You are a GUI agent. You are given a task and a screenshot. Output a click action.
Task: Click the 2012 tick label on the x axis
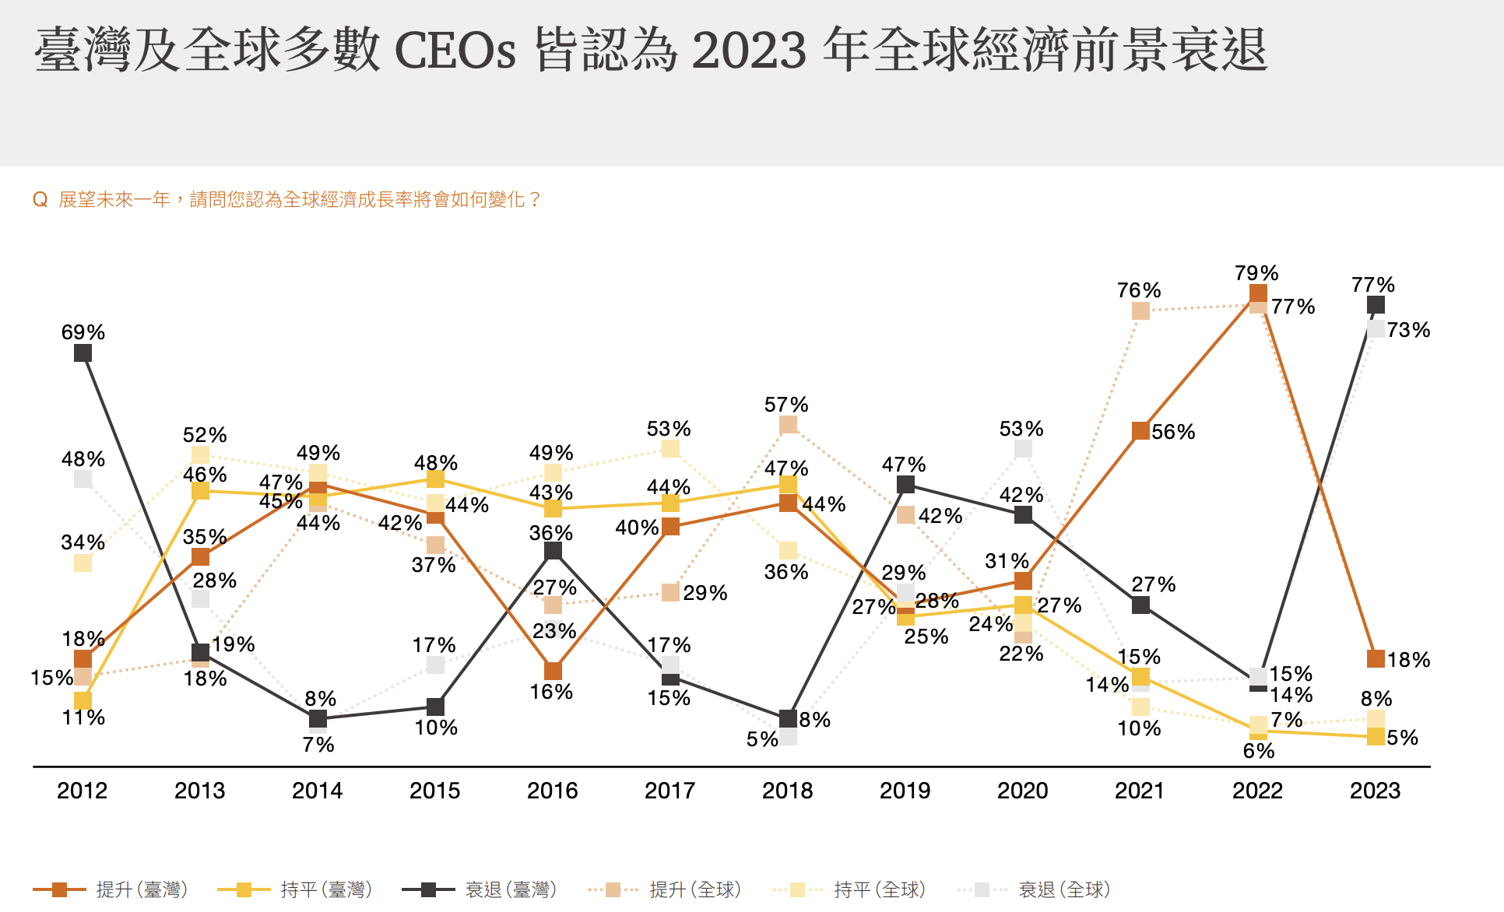tap(82, 791)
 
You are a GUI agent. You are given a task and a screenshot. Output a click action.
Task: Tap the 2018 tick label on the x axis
tap(787, 791)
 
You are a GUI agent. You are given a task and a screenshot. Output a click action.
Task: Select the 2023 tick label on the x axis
tap(1375, 791)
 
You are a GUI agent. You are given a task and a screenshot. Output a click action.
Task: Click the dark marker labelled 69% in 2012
tap(83, 353)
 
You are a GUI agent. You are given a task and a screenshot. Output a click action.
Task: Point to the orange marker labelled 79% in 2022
tap(1258, 293)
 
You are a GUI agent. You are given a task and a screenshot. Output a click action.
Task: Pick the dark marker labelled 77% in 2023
tap(1376, 305)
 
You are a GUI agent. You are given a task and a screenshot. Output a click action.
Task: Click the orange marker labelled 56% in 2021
tap(1140, 431)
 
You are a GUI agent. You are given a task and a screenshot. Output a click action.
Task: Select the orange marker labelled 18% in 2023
tap(1376, 659)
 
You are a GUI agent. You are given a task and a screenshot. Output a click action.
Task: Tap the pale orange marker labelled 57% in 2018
tap(788, 425)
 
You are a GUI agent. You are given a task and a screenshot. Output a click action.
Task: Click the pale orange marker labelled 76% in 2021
tap(1140, 310)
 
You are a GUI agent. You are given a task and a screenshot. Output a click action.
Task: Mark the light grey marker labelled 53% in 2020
tap(1023, 449)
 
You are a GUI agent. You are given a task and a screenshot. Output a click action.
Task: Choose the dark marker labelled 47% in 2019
tap(905, 485)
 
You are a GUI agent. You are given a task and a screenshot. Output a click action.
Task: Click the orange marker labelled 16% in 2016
tap(553, 671)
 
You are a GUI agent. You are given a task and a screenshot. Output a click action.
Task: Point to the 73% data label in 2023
tap(1408, 330)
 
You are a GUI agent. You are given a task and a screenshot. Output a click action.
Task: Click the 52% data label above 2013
tap(205, 435)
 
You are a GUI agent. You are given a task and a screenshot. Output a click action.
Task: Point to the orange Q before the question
tap(40, 200)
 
